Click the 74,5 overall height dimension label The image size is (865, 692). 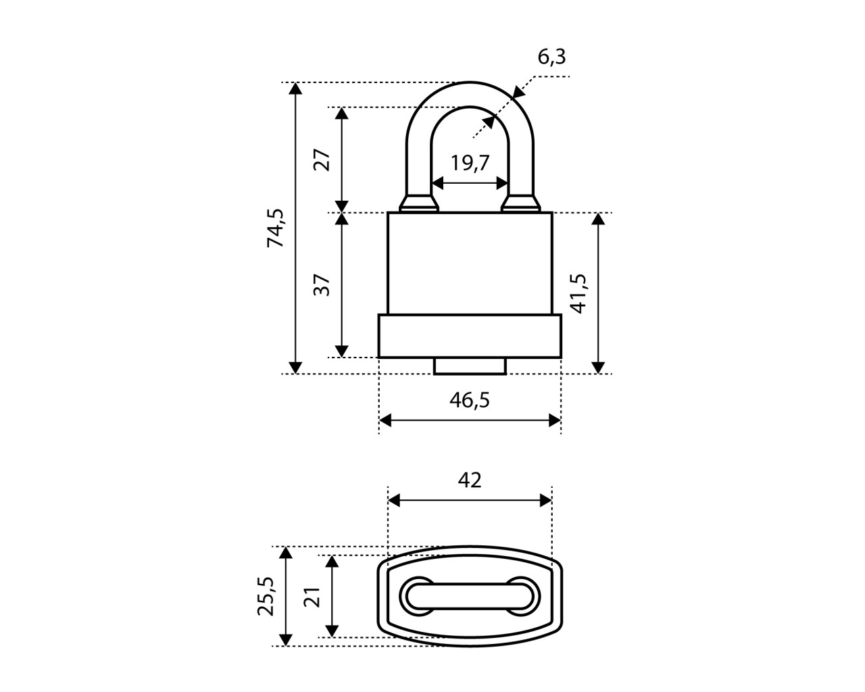click(276, 228)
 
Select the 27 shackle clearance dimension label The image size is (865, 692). click(322, 159)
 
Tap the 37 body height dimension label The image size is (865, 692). click(322, 285)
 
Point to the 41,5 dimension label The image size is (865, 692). click(579, 293)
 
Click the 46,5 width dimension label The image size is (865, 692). click(469, 400)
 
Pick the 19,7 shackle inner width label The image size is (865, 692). click(470, 163)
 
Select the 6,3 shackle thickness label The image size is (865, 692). click(551, 57)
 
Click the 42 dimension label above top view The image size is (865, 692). click(470, 480)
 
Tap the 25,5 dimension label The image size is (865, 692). click(266, 595)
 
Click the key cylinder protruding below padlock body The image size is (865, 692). click(470, 366)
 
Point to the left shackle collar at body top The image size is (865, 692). click(420, 203)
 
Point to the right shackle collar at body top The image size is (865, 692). click(521, 203)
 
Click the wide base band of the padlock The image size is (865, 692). click(470, 336)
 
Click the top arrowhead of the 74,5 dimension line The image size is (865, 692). click(295, 89)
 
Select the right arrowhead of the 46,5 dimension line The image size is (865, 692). click(555, 420)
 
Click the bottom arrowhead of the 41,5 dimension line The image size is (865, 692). click(598, 367)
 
